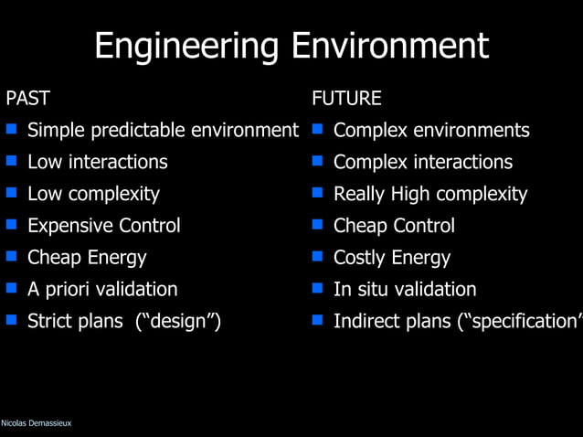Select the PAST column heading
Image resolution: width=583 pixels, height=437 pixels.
pyautogui.click(x=27, y=98)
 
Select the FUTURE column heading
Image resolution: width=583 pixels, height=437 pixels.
pyautogui.click(x=346, y=98)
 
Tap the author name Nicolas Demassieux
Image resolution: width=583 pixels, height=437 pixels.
pyautogui.click(x=37, y=422)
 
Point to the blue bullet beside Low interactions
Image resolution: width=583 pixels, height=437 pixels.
pyautogui.click(x=12, y=162)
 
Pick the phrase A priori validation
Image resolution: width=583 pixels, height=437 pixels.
pyautogui.click(x=102, y=290)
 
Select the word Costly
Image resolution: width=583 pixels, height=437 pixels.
pyautogui.click(x=361, y=258)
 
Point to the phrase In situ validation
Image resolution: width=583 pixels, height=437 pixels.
pyautogui.click(x=405, y=290)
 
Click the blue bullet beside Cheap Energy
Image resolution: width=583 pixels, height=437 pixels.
pyautogui.click(x=12, y=257)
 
